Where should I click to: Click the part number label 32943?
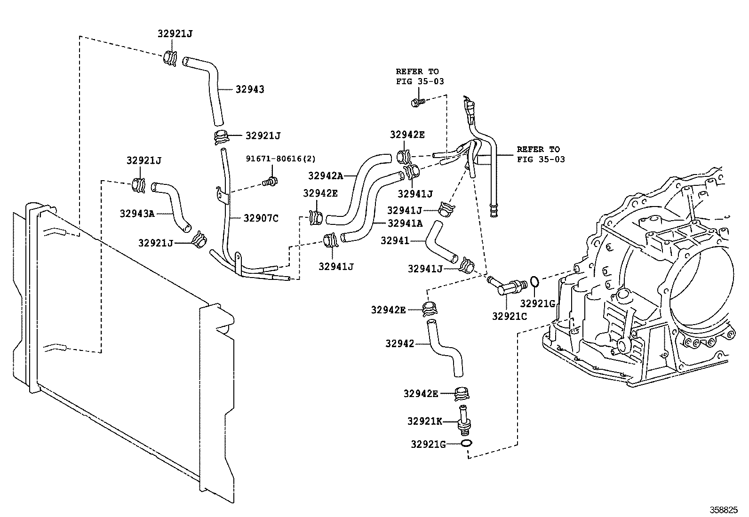[x=249, y=89]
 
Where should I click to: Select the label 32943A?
[x=136, y=213]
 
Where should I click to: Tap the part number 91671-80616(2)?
[x=280, y=159]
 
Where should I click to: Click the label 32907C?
[x=261, y=218]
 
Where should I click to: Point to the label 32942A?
[x=326, y=175]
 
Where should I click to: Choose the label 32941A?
[x=405, y=223]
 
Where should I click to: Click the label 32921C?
[x=510, y=317]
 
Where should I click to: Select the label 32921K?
[x=424, y=422]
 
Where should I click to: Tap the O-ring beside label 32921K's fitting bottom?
[x=467, y=443]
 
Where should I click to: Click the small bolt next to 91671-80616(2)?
[x=271, y=181]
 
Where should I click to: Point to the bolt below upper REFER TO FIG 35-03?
[x=417, y=101]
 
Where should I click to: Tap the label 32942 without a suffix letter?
[x=399, y=344]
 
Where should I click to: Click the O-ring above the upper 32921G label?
[x=534, y=282]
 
